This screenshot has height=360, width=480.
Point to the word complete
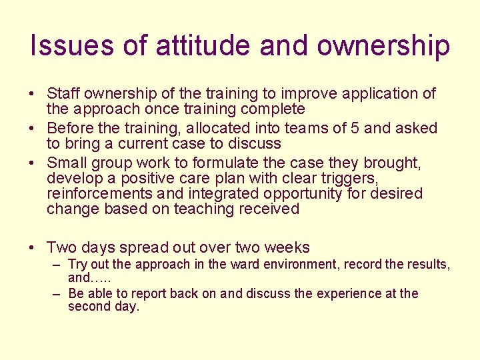point(268,109)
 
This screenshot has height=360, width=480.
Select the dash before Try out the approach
point(57,265)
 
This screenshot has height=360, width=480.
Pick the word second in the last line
point(89,307)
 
